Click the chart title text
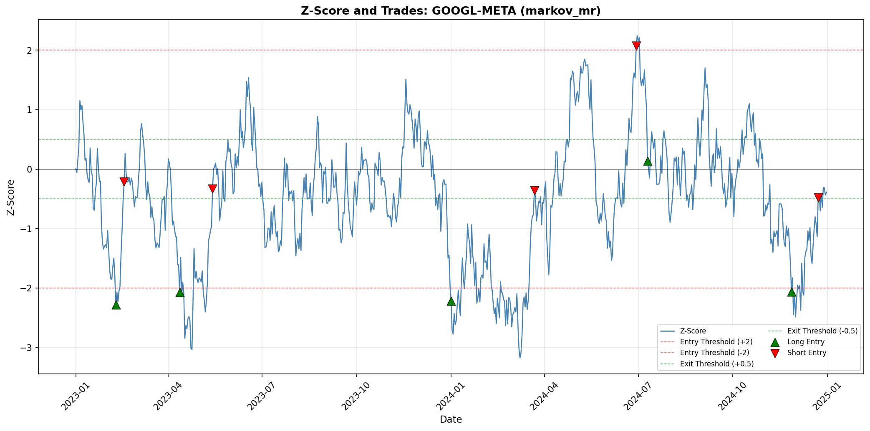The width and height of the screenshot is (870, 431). coord(451,11)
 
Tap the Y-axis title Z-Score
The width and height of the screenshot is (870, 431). coord(11,197)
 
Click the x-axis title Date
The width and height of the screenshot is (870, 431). coord(451,419)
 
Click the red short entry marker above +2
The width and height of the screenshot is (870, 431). coord(636,45)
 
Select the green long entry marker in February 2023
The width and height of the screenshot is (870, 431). coord(116,305)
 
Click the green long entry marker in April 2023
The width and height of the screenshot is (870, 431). coord(180,292)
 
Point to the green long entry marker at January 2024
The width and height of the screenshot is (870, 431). coord(451,301)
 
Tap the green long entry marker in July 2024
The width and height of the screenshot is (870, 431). coord(648,161)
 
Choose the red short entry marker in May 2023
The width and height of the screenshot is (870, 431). coord(212,189)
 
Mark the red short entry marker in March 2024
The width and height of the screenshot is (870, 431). coord(535,190)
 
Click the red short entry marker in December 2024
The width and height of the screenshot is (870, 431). coord(818,198)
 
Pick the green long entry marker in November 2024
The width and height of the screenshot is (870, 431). coord(792,292)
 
